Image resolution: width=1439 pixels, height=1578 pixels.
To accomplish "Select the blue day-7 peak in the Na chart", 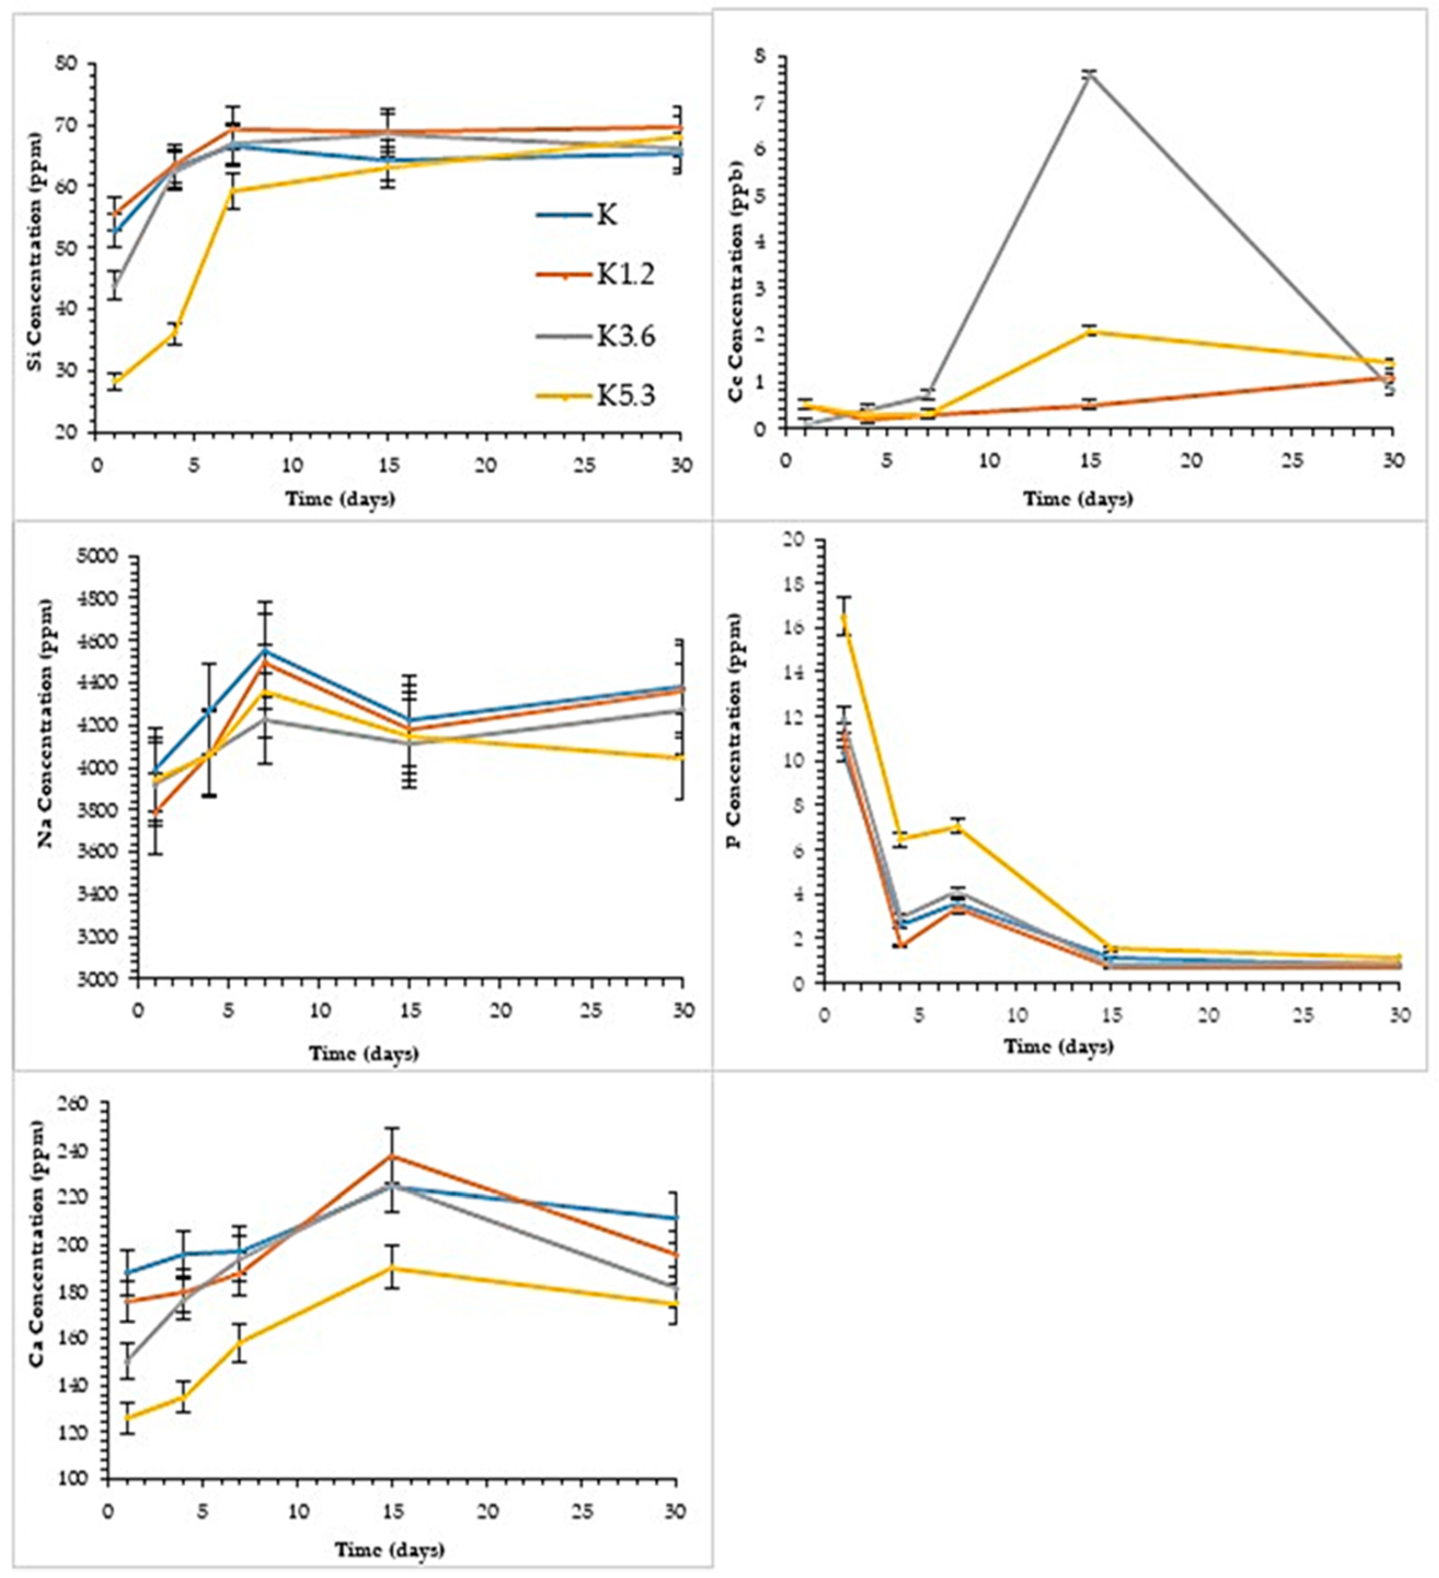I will [265, 650].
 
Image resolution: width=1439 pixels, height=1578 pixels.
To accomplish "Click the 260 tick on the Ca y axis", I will [77, 1104].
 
